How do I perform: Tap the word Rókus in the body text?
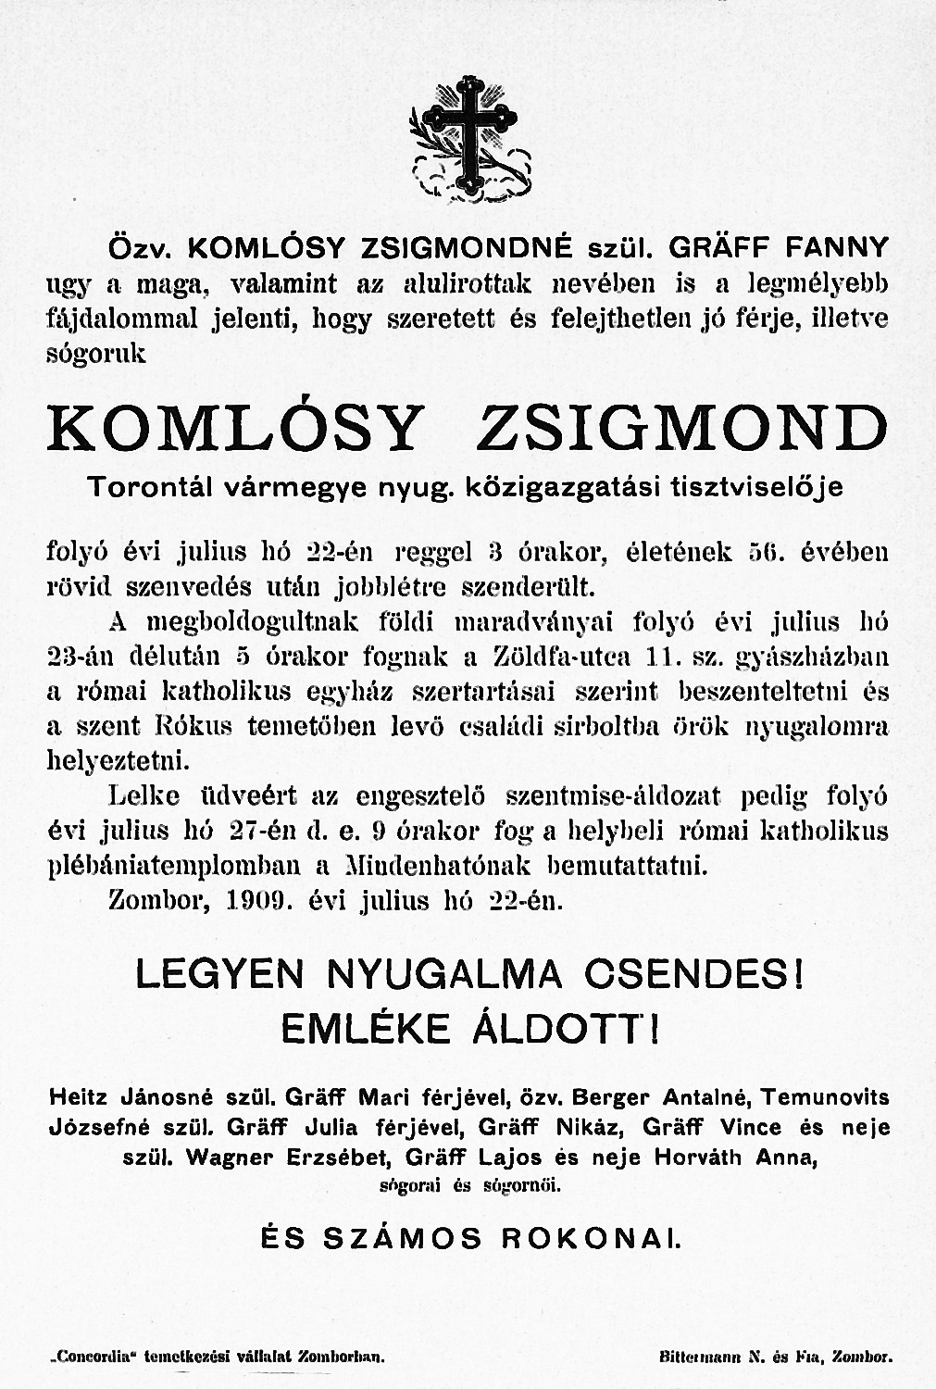tap(203, 727)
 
